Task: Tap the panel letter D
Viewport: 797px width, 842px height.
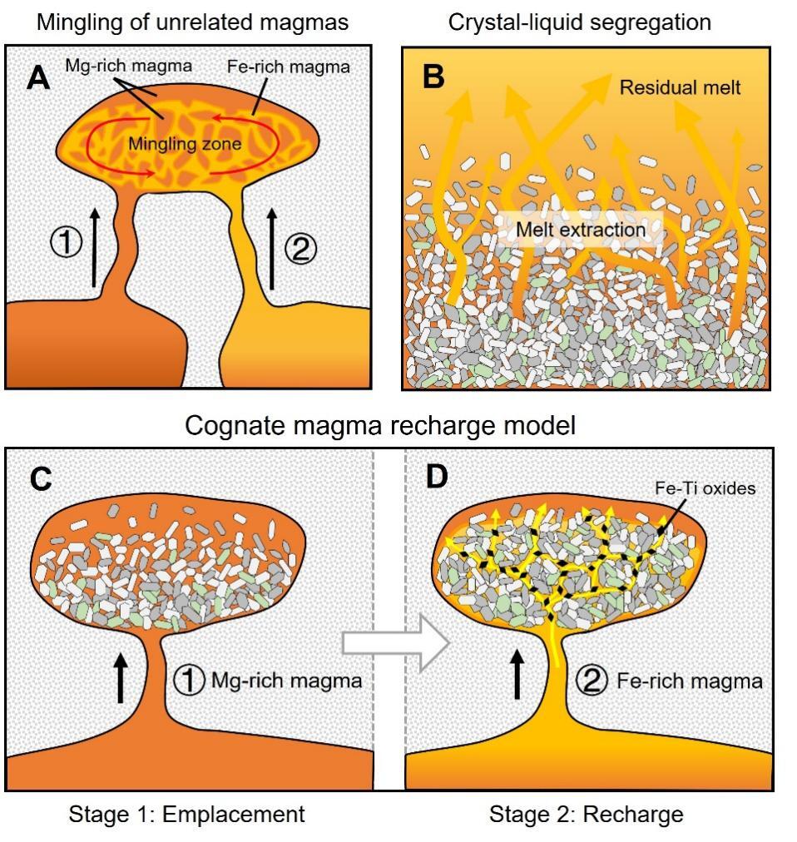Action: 438,478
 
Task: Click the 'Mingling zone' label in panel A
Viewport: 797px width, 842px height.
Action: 185,144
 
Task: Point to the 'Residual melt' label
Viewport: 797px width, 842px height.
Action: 680,87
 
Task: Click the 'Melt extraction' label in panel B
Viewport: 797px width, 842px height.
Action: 579,228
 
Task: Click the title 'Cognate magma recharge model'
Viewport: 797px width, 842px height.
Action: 380,425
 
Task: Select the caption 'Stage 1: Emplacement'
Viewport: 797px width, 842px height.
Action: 187,814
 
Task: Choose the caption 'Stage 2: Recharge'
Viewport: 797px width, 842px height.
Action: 587,814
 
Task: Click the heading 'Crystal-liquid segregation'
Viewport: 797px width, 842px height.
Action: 580,22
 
